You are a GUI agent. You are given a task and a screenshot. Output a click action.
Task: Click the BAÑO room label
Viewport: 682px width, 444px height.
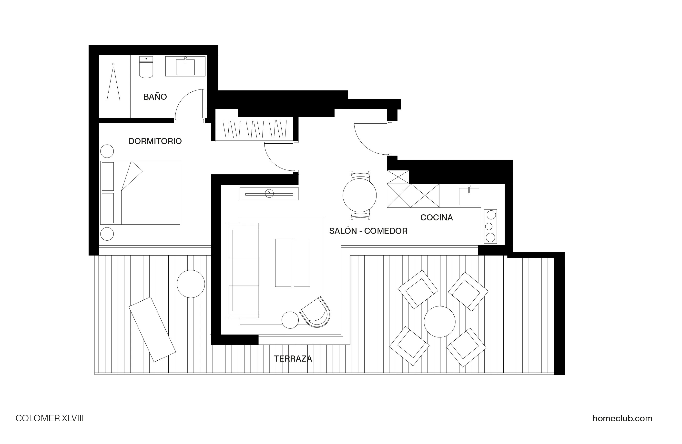point(155,97)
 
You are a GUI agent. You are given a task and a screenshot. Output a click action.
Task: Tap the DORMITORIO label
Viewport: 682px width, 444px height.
point(155,141)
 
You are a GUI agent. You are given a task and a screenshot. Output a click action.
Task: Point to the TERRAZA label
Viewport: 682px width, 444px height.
point(293,359)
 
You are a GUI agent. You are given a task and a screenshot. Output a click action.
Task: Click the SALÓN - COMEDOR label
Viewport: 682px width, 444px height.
point(368,231)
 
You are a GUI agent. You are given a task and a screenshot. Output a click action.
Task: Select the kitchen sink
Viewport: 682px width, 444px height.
point(469,196)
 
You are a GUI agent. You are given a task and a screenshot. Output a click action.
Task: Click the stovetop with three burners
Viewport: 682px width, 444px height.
point(490,227)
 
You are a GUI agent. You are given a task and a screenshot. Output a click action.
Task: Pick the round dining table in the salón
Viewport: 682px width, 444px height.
point(359,195)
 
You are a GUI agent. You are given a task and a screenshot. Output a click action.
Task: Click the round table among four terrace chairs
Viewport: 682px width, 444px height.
point(439,322)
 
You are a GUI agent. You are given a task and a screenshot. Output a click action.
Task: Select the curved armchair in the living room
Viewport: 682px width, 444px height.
point(315,313)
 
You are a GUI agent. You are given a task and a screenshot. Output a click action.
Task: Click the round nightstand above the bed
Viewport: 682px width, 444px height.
point(107,151)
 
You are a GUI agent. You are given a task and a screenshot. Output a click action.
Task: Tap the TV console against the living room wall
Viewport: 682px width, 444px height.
point(269,194)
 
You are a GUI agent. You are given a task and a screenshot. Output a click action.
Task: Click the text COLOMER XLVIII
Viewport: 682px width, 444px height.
point(50,418)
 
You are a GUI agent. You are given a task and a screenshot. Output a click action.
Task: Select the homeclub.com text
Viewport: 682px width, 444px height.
point(622,418)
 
